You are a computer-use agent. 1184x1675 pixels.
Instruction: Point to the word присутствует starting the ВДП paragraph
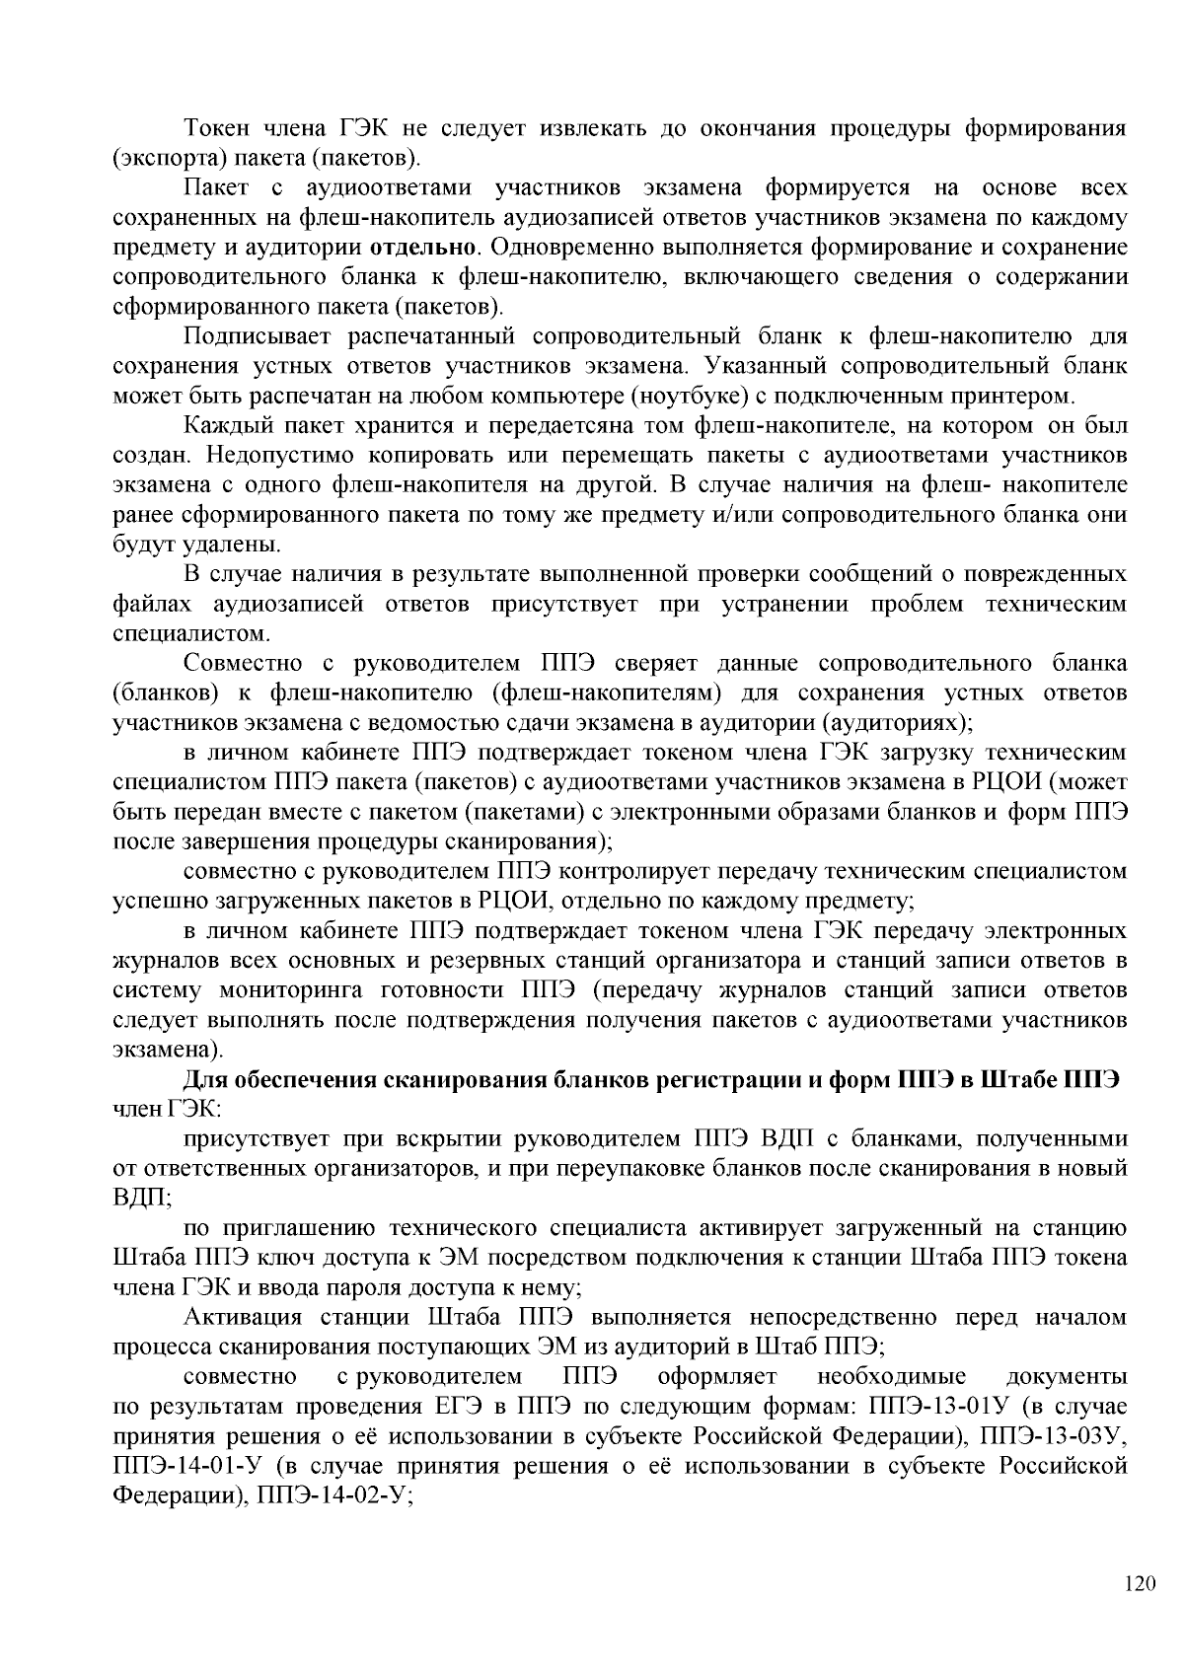coord(249,1139)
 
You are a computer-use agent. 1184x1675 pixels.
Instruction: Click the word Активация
coord(233,1318)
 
